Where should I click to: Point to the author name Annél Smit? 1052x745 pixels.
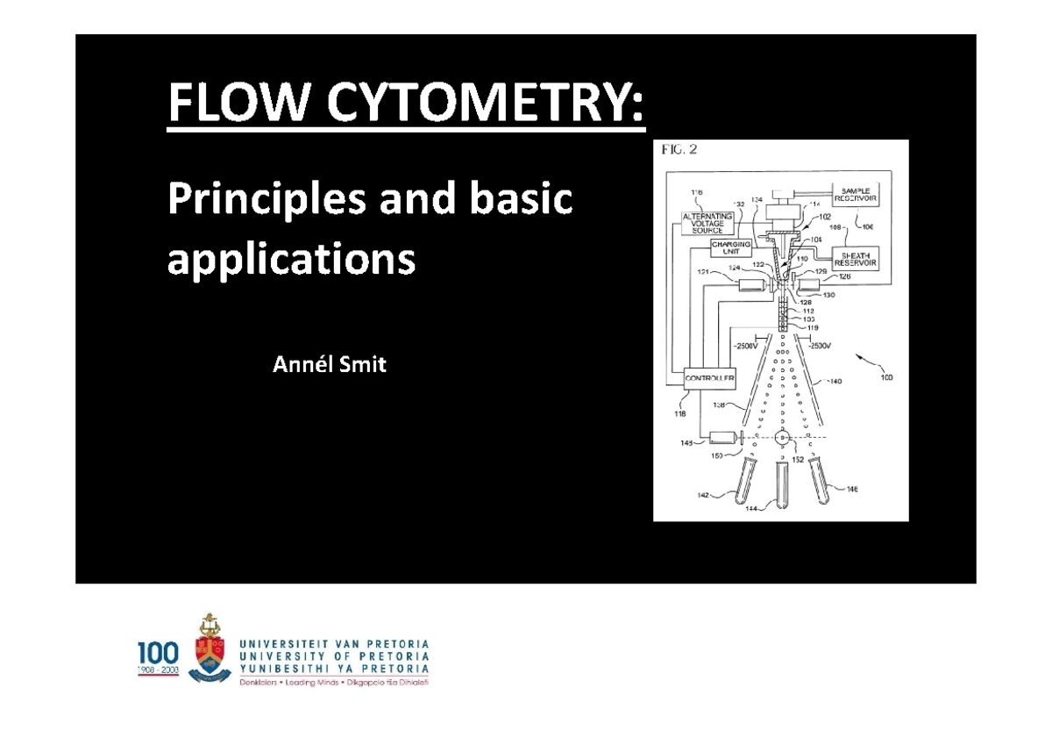(x=329, y=365)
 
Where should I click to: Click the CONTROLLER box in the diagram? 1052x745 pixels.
(x=710, y=378)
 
